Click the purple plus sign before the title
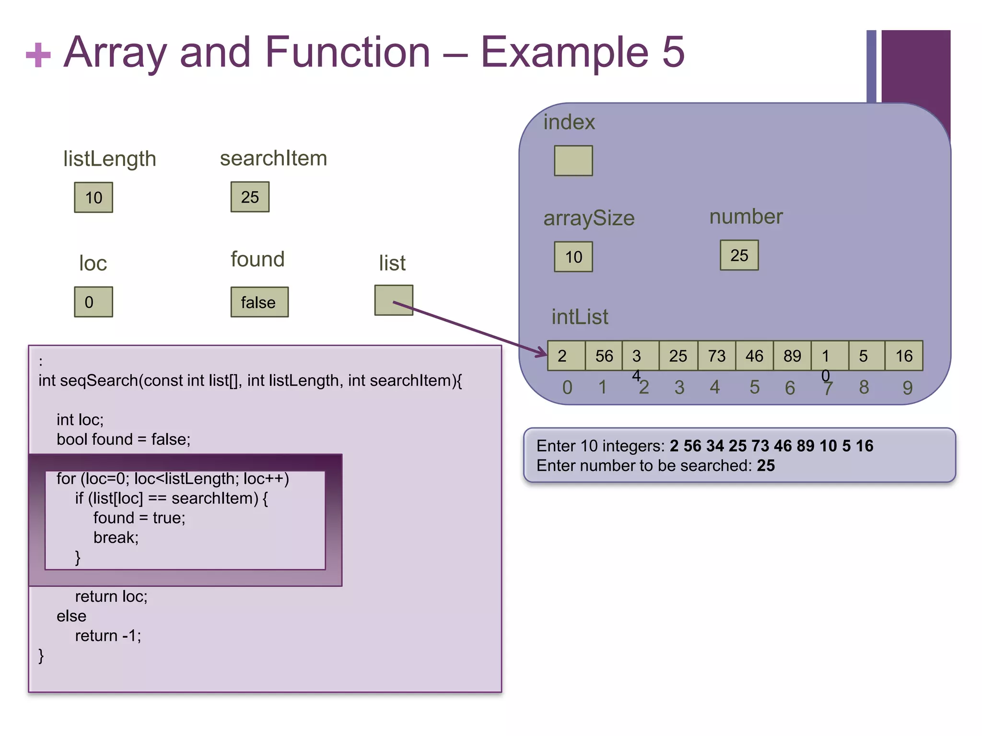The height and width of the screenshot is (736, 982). click(x=38, y=55)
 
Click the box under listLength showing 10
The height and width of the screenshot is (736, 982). click(x=94, y=197)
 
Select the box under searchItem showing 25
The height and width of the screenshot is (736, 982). click(x=250, y=197)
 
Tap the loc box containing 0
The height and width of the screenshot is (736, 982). click(x=94, y=302)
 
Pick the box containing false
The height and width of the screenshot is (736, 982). click(x=259, y=302)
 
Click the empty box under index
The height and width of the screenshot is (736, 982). click(x=573, y=161)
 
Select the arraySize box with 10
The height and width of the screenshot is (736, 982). click(x=573, y=257)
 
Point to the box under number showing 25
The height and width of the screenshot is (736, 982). click(x=739, y=255)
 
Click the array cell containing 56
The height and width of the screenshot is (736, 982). click(x=604, y=356)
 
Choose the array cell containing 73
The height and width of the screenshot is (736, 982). click(x=716, y=356)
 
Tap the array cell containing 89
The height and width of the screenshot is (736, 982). click(x=792, y=356)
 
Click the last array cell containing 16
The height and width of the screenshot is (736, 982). click(x=904, y=356)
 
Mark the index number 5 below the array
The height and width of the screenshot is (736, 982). click(x=754, y=387)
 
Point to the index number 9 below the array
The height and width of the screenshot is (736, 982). click(x=907, y=388)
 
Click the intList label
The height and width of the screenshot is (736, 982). click(x=580, y=317)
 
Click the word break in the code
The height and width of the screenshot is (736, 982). click(x=115, y=538)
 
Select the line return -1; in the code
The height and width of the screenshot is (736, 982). click(x=108, y=636)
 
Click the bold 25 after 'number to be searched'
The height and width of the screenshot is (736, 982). click(x=766, y=466)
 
